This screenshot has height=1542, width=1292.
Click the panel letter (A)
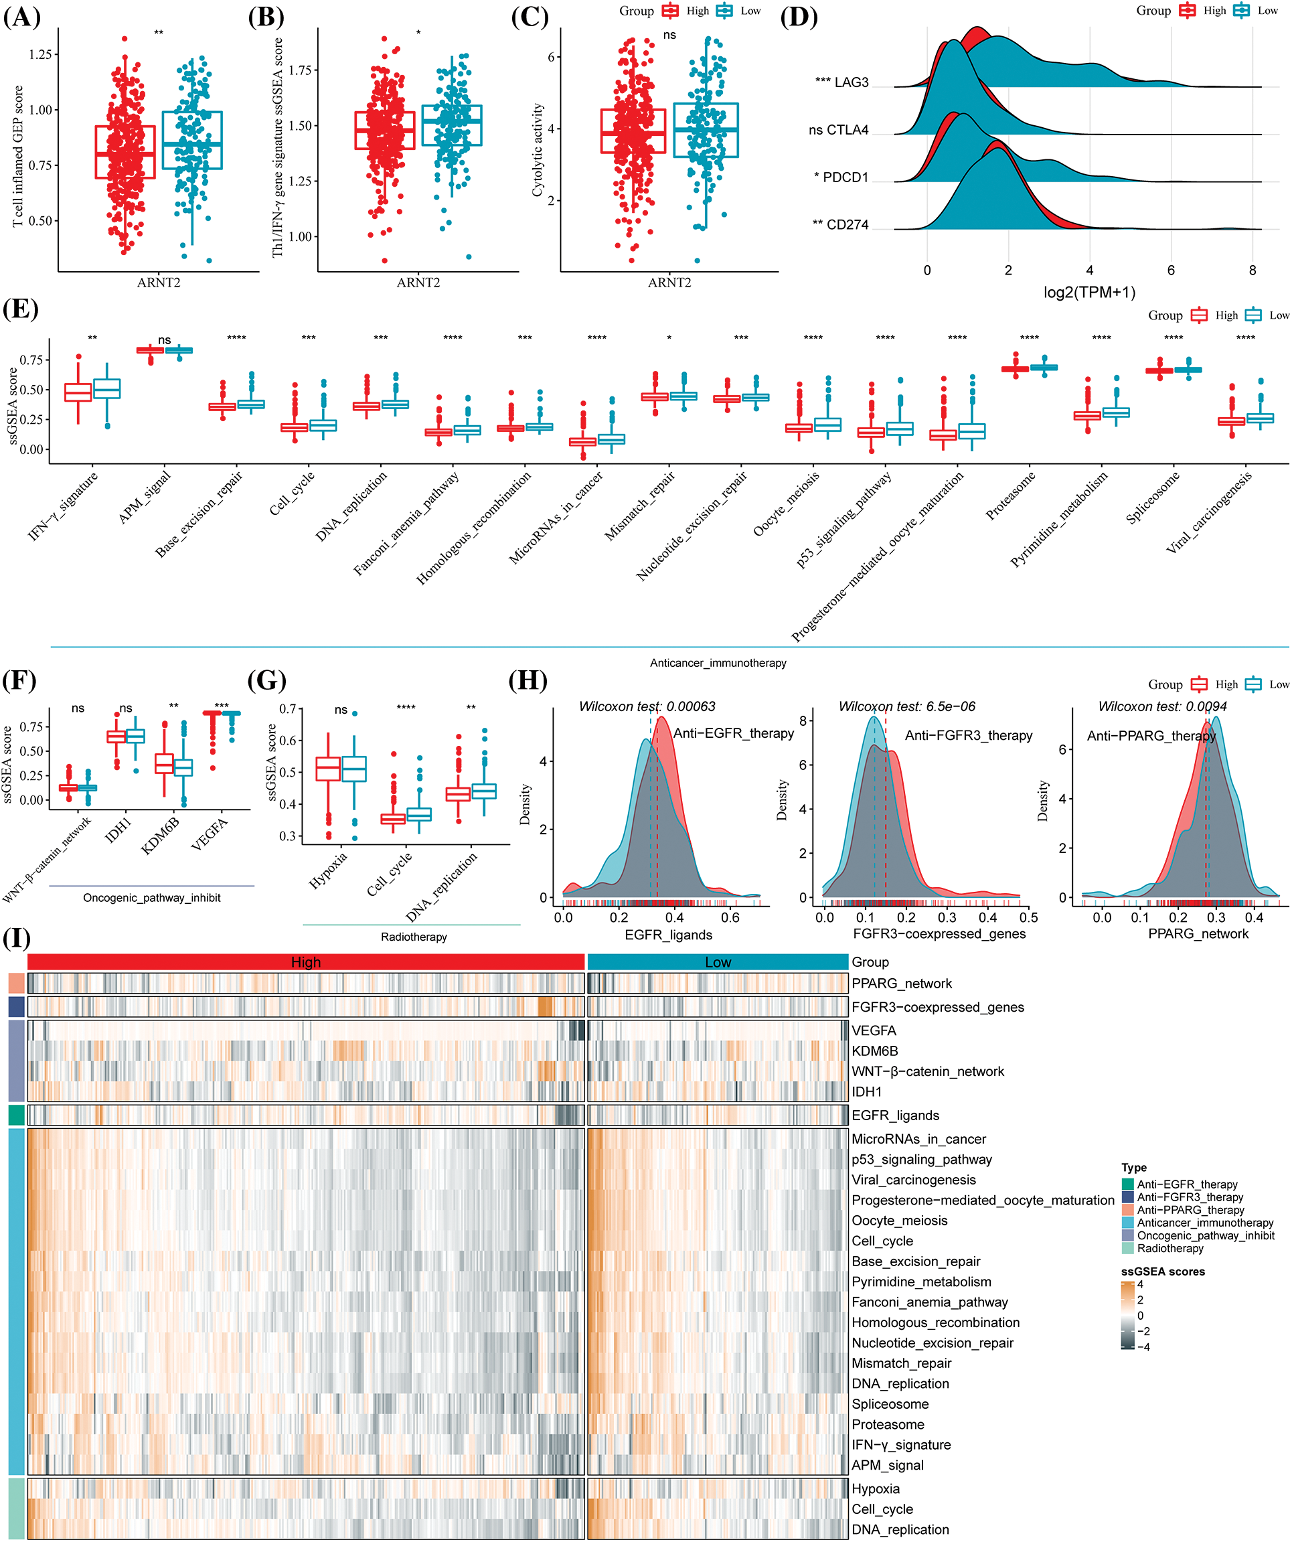pos(21,17)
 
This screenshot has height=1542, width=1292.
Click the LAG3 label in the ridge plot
pos(851,82)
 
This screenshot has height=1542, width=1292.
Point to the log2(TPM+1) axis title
pos(1088,292)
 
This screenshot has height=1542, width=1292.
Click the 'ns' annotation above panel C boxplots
pos(669,35)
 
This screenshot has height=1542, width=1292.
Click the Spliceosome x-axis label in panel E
pos(1153,497)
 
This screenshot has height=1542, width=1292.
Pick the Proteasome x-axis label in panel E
pos(1010,495)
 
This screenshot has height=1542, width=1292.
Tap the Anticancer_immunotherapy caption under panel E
pos(717,663)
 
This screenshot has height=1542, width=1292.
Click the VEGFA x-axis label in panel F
pos(210,835)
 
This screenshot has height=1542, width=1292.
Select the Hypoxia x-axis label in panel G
pos(328,871)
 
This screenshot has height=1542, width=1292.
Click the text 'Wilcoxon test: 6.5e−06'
pos(906,706)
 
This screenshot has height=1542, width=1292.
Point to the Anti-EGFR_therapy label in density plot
pos(733,733)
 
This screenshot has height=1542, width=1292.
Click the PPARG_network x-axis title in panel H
pos(1198,933)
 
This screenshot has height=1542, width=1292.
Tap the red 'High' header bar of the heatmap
pos(305,962)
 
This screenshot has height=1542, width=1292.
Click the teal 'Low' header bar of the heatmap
pos(717,962)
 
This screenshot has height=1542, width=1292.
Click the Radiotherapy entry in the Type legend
pos(1170,1248)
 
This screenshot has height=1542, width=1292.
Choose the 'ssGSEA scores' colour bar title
pos(1162,1271)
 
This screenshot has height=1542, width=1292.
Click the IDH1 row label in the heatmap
pos(866,1092)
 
